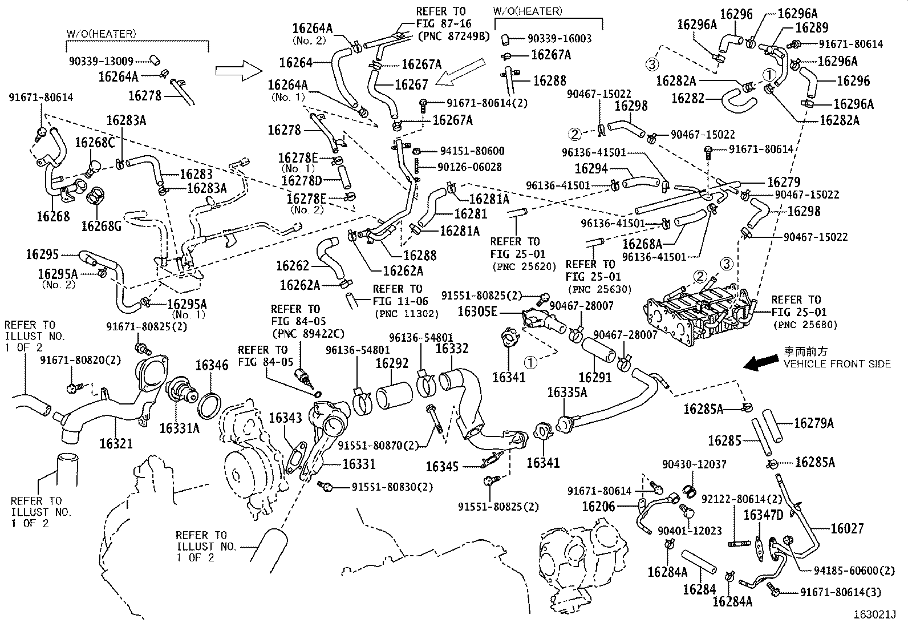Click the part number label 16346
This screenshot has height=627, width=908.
212,365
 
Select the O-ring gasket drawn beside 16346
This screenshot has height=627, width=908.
209,404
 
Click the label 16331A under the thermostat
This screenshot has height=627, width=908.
179,428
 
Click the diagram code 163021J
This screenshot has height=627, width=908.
875,615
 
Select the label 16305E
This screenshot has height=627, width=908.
477,312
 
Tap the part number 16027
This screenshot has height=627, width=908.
847,528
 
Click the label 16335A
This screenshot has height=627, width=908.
567,392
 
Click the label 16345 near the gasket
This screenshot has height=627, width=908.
442,467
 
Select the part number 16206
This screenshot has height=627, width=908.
598,505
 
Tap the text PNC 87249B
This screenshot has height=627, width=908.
453,36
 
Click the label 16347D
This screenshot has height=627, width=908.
763,515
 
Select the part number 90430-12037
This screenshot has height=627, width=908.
694,464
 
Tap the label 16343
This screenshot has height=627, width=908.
285,418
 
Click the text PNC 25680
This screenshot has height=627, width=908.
805,325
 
